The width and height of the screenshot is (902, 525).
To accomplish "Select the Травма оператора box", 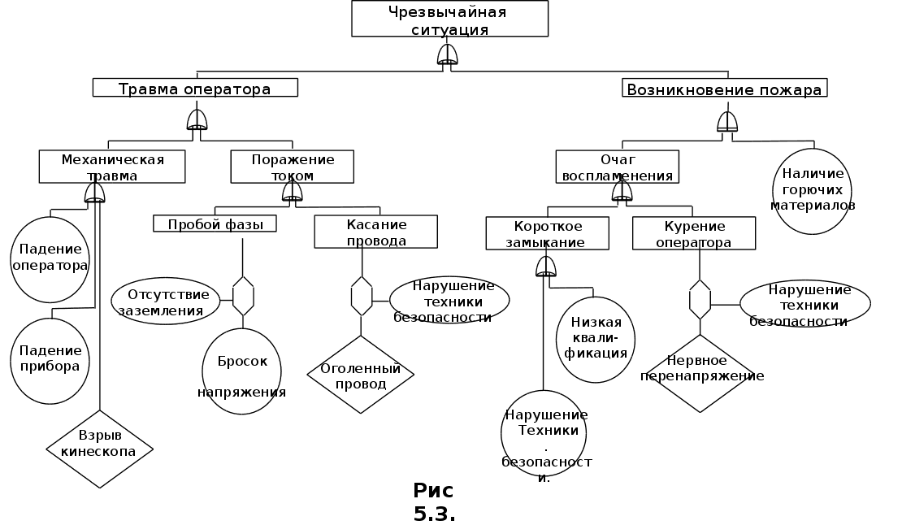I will pyautogui.click(x=195, y=88).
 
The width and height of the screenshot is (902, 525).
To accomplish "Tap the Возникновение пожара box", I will pyautogui.click(x=725, y=88).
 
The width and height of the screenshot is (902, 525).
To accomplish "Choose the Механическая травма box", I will pyautogui.click(x=112, y=167).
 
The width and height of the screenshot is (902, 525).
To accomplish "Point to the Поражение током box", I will pyautogui.click(x=293, y=167).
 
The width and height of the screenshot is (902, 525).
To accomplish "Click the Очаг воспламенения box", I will pyautogui.click(x=617, y=167).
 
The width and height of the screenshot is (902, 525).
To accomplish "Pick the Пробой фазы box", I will pyautogui.click(x=215, y=223).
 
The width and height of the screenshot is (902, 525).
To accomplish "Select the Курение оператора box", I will pyautogui.click(x=693, y=234).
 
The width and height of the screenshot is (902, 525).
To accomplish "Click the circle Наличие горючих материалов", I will pyautogui.click(x=811, y=191).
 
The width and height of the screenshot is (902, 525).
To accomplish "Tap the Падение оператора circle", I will pyautogui.click(x=50, y=258).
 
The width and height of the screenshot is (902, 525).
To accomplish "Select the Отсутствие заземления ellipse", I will pyautogui.click(x=166, y=301).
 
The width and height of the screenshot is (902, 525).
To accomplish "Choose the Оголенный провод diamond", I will pyautogui.click(x=360, y=375).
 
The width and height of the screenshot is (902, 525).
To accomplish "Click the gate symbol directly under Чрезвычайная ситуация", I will pyautogui.click(x=448, y=54).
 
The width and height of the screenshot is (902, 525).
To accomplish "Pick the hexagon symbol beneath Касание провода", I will pyautogui.click(x=362, y=296).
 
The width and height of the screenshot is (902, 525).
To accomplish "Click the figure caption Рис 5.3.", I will pyautogui.click(x=434, y=502).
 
